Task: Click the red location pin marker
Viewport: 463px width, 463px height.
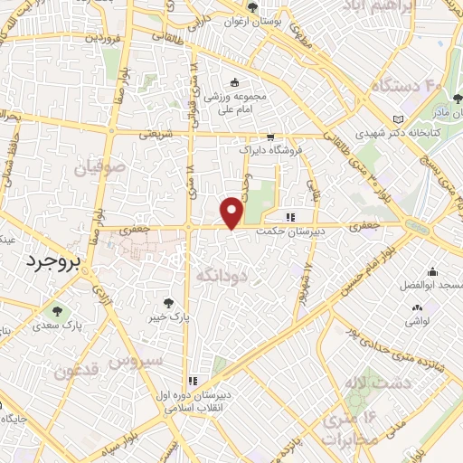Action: coord(232,212)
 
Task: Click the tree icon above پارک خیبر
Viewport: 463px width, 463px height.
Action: coord(166,303)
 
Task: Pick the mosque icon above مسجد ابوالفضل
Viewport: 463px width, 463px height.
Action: coord(433,272)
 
